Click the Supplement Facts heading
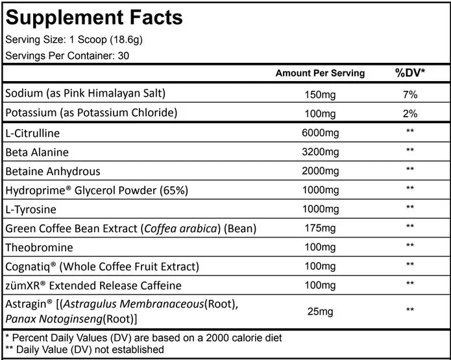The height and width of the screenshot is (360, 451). (x=94, y=18)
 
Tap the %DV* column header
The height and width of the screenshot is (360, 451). (x=410, y=73)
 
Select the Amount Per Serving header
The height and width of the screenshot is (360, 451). (x=320, y=73)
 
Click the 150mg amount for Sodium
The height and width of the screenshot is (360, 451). (x=320, y=95)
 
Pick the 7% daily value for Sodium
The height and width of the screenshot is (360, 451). (x=410, y=94)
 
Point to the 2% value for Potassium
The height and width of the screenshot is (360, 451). (x=410, y=114)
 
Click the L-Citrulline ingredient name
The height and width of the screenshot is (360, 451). (x=32, y=133)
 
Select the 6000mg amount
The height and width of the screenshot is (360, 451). (x=320, y=133)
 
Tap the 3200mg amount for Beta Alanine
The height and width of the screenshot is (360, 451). (x=320, y=152)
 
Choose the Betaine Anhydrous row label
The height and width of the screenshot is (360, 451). (x=53, y=171)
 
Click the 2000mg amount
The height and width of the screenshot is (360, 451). (x=320, y=171)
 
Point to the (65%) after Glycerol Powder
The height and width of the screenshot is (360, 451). (x=174, y=190)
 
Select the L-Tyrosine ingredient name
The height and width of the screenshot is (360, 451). (x=30, y=210)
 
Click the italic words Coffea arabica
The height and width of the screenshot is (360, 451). (x=180, y=228)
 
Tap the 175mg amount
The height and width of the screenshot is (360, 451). (x=320, y=228)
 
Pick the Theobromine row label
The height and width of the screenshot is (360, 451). (x=39, y=248)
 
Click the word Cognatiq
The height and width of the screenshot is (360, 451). (x=28, y=267)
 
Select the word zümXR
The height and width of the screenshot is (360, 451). (x=23, y=285)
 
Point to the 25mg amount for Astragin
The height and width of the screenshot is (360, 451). (x=320, y=311)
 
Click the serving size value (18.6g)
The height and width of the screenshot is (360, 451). (x=127, y=40)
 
